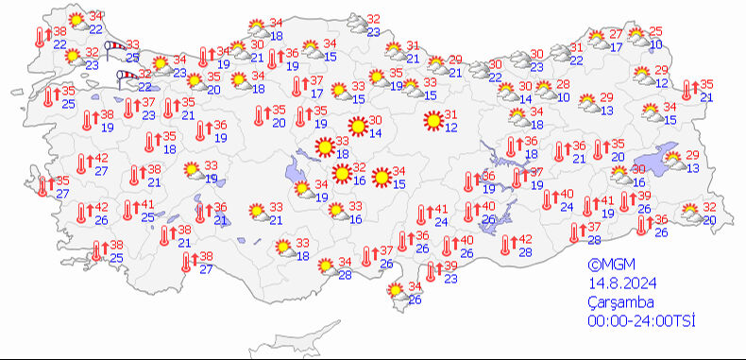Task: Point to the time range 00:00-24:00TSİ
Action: [x=641, y=322]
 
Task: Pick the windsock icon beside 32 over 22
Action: [x=126, y=76]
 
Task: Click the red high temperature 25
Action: [x=655, y=32]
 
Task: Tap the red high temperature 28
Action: [x=563, y=85]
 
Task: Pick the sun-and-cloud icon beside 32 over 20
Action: [x=690, y=213]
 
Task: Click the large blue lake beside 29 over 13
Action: [x=647, y=161]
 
